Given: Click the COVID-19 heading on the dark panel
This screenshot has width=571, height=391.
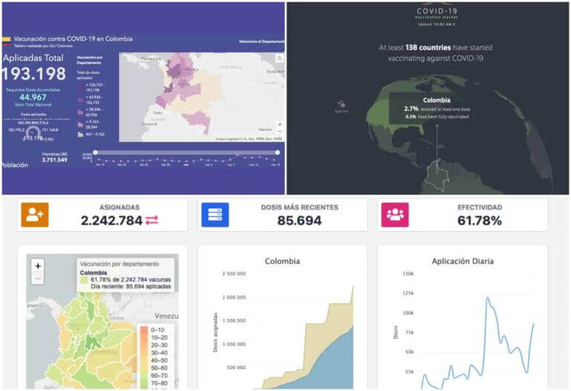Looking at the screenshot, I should [x=436, y=10].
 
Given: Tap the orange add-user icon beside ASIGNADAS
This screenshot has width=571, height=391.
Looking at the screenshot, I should [x=34, y=214].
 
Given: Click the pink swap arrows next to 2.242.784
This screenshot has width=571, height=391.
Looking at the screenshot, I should [x=152, y=220].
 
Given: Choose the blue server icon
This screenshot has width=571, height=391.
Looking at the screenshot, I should [x=215, y=214].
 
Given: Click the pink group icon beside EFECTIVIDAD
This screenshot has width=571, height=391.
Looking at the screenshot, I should [x=395, y=214].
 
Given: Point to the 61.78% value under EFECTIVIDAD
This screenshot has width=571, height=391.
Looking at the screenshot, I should [x=480, y=220].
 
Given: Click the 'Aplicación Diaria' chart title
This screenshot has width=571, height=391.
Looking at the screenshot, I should [x=462, y=261].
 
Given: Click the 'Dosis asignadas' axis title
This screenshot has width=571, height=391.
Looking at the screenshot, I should [x=216, y=331].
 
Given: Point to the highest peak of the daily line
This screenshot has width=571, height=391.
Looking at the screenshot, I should [x=488, y=297].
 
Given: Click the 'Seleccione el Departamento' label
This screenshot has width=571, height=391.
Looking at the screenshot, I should [x=259, y=42].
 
